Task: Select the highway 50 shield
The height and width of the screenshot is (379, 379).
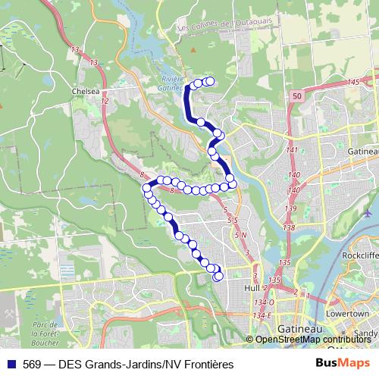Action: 296,96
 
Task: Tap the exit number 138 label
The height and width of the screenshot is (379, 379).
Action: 288,227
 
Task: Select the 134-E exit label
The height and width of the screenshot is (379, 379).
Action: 262,315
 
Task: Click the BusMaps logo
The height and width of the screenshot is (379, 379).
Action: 341,364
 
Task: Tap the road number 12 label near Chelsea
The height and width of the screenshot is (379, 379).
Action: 105,101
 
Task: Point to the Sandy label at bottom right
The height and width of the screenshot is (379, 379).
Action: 366,333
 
